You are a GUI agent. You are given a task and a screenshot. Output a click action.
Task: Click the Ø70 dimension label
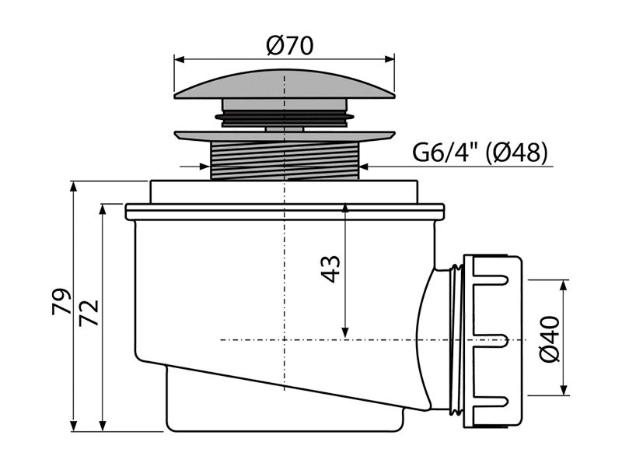289,46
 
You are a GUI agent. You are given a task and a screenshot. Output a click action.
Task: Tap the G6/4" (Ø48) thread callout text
480,152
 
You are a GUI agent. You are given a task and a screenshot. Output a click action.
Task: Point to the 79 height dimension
61,301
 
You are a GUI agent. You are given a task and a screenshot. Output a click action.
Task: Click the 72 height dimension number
89,314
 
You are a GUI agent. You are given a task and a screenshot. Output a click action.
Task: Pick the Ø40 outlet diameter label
550,339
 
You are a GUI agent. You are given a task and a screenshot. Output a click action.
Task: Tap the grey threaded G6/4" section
285,160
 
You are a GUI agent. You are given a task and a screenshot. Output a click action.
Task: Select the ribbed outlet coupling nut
492,341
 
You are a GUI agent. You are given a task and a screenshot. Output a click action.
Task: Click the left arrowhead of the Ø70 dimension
180,60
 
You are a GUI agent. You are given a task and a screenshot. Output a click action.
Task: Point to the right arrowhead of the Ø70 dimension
390,60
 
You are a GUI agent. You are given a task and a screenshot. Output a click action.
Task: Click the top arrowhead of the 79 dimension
73,187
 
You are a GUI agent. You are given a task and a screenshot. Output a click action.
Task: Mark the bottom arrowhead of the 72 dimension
103,426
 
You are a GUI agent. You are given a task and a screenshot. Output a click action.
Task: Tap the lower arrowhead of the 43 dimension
345,332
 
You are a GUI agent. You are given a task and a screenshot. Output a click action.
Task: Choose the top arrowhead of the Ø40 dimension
563,286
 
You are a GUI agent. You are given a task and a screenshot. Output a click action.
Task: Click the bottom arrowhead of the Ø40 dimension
563,390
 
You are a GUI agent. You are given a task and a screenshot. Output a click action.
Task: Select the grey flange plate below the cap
285,135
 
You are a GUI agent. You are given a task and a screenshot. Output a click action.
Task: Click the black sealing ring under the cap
285,117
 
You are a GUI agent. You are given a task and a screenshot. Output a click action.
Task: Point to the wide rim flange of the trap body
285,212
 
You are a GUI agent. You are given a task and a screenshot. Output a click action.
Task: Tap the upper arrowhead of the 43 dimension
345,209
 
